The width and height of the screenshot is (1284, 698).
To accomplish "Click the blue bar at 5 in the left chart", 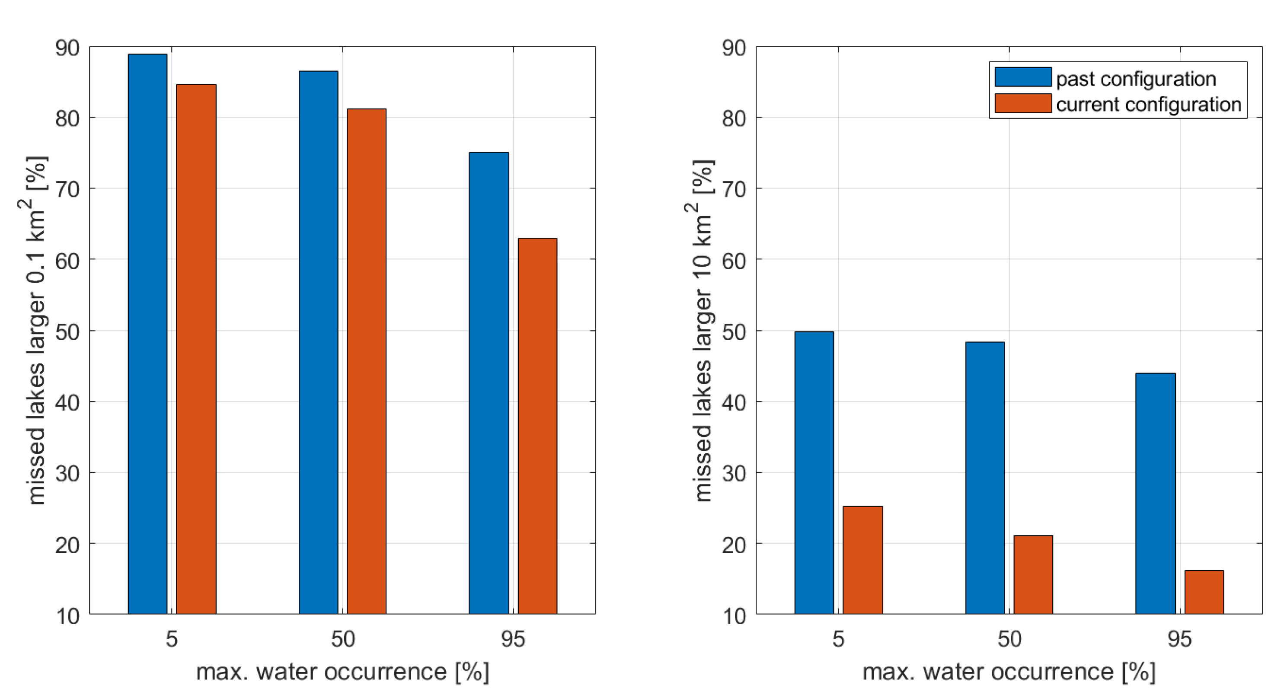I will coord(147,334).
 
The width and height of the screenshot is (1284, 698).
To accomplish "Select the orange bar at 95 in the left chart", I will coord(537,426).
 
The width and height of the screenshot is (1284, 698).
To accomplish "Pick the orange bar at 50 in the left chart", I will coord(366,361).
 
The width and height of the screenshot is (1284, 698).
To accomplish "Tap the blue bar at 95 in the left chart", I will coord(489,382).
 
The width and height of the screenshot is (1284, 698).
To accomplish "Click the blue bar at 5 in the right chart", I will coord(814,472).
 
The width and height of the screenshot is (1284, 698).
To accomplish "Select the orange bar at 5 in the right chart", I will coord(863,560).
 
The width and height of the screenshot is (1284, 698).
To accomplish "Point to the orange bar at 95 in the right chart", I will coord(1204,592).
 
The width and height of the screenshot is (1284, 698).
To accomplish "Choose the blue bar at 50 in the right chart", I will coord(985,477).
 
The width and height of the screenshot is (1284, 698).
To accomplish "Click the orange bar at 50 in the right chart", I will coord(1033,574).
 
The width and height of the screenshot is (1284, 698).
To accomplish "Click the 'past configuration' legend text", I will coord(1135,79).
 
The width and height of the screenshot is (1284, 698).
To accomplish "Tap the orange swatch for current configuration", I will coord(1023,104).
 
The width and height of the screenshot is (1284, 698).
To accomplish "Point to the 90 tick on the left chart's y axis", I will coord(68,48).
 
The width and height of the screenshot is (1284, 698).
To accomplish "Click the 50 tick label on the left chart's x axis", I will coord(343,639).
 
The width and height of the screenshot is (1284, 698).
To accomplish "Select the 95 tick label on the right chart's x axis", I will coord(1179,639).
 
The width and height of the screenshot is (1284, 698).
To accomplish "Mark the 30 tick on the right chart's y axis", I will coord(734,473).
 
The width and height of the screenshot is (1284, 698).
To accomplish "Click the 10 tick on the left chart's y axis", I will coord(68,616).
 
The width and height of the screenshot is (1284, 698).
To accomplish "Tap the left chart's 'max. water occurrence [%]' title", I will coord(342,672).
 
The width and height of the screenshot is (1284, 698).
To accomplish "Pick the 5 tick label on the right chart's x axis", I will coord(838,639).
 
